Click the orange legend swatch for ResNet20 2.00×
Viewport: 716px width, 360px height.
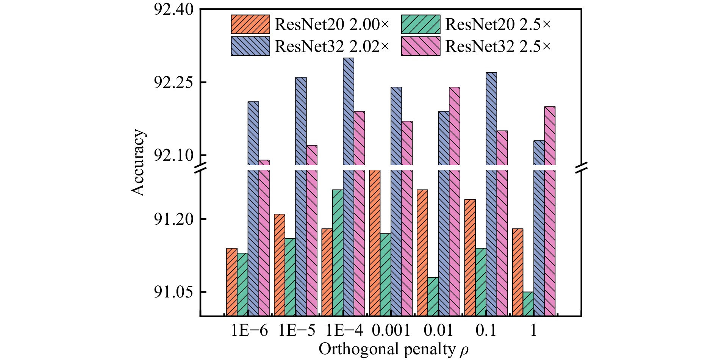[250, 25]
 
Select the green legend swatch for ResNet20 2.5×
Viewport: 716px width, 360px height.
[421, 25]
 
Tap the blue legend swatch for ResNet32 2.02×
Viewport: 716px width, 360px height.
[250, 46]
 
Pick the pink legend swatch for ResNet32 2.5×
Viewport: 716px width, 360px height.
[421, 46]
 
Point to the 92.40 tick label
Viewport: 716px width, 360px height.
[174, 9]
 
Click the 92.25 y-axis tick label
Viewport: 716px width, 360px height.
[174, 82]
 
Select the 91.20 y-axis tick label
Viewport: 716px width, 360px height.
[174, 219]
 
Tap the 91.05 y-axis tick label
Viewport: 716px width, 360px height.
[174, 292]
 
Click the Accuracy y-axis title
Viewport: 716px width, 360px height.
[138, 163]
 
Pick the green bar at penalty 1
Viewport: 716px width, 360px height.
[528, 304]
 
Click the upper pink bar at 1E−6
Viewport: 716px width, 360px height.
[264, 163]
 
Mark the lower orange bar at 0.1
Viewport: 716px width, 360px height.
[470, 257]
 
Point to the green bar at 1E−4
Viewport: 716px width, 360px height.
[338, 252]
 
